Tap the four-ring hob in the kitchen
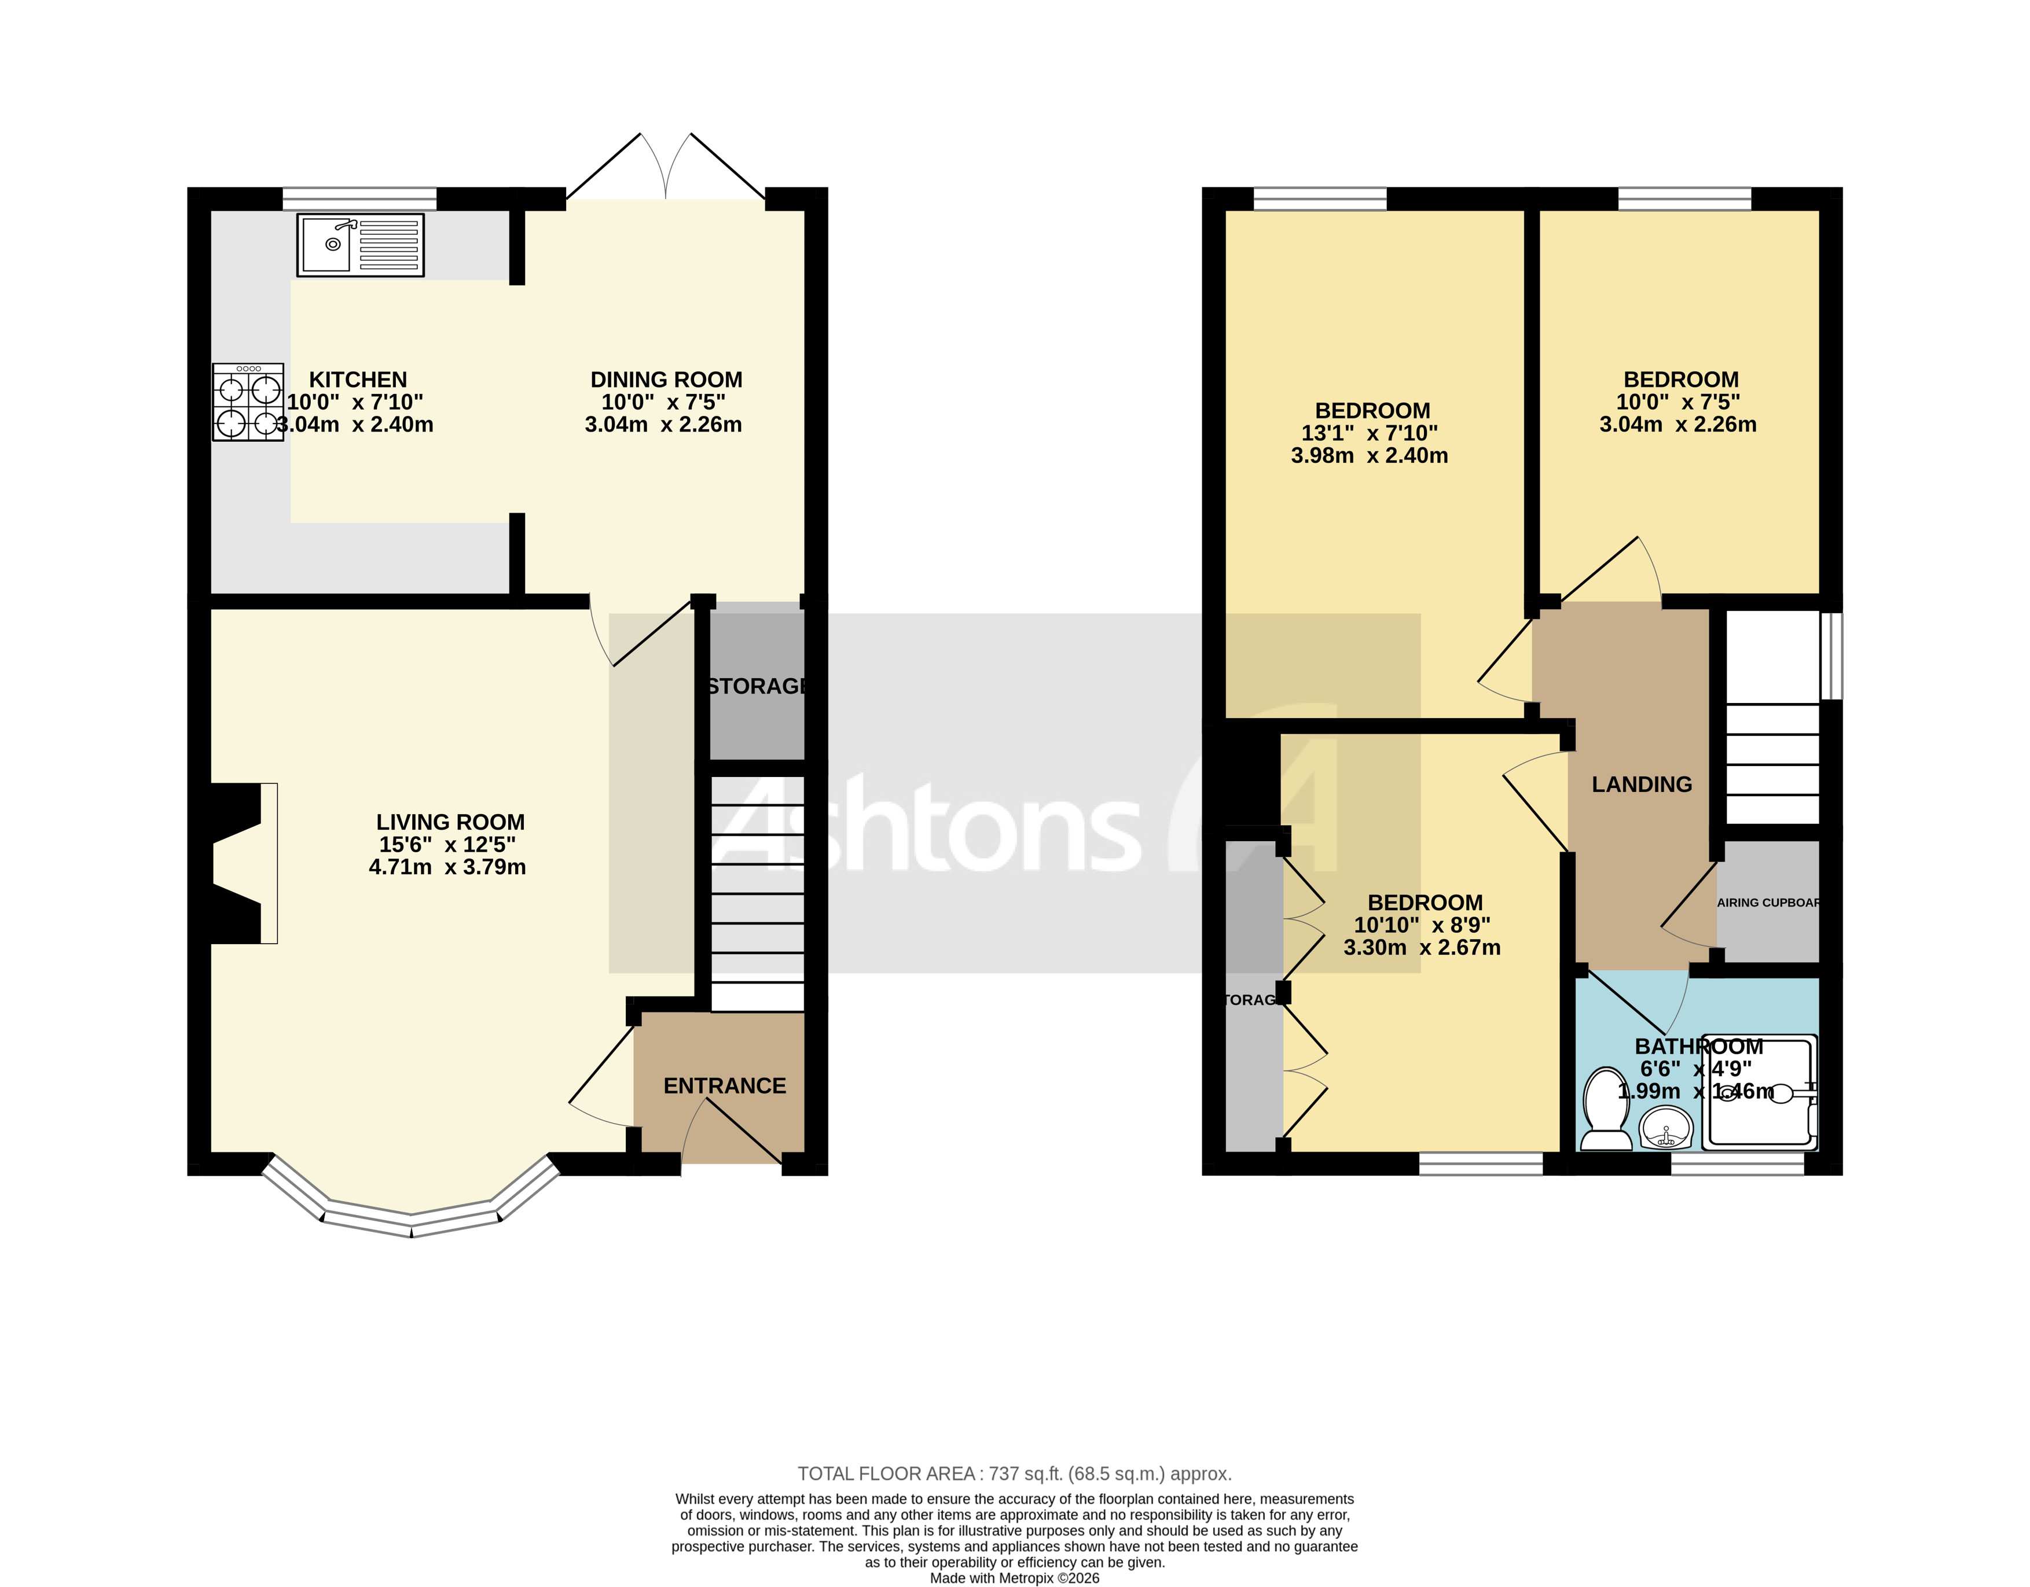[247, 402]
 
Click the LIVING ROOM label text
[451, 822]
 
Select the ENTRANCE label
[724, 1086]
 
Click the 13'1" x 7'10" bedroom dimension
[1369, 433]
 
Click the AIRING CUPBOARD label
[1767, 902]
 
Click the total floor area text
[1014, 1474]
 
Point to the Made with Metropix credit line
[1014, 1578]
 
